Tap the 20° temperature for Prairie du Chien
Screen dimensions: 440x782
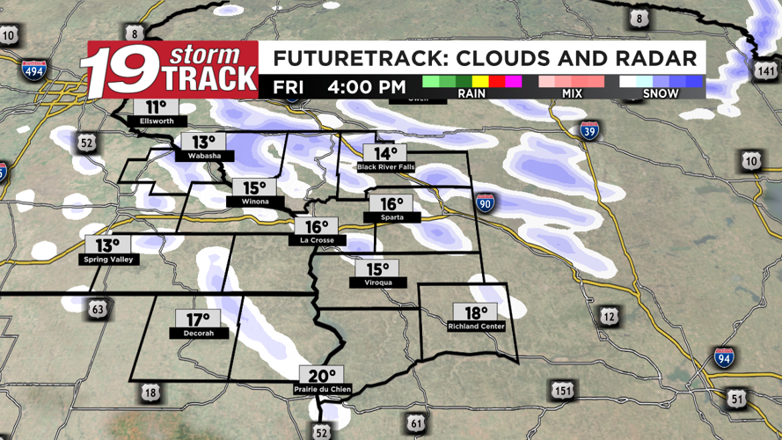click(321, 375)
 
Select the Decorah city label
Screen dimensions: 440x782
click(198, 334)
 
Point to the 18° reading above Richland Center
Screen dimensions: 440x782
click(475, 312)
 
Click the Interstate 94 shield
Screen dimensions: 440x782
click(724, 357)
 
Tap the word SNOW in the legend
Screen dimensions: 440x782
click(661, 92)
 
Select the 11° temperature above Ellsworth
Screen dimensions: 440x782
click(156, 107)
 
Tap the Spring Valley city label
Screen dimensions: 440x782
click(107, 260)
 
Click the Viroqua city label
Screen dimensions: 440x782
click(376, 282)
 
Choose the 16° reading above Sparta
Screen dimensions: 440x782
click(391, 204)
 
